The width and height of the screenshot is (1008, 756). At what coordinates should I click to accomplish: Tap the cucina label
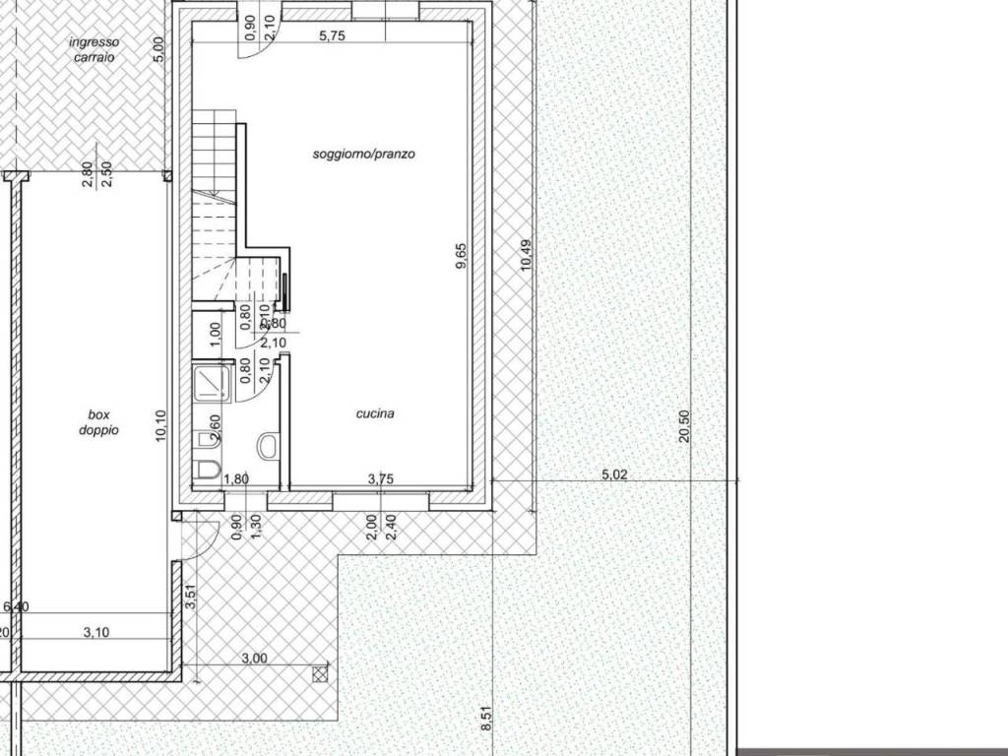click(x=375, y=413)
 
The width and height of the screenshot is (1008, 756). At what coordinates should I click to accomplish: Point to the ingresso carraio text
click(x=94, y=50)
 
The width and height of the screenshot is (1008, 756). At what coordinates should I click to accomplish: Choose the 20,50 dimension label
click(x=685, y=427)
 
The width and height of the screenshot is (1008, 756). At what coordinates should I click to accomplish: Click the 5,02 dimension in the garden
click(x=614, y=474)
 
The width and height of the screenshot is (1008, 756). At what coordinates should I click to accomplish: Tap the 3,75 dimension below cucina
click(x=380, y=479)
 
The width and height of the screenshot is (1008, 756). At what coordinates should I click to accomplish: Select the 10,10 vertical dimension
click(x=162, y=427)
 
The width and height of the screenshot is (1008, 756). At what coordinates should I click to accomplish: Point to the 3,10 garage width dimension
click(x=95, y=632)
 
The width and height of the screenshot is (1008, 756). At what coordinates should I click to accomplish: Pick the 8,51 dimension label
click(x=485, y=714)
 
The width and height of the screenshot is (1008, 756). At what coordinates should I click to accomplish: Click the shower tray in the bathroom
click(x=211, y=383)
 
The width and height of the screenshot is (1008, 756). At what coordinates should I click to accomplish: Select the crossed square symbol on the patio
click(x=320, y=674)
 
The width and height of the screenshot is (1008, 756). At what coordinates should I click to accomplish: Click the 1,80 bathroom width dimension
click(x=236, y=479)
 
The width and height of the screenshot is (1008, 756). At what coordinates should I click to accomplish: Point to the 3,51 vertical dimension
click(x=192, y=598)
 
